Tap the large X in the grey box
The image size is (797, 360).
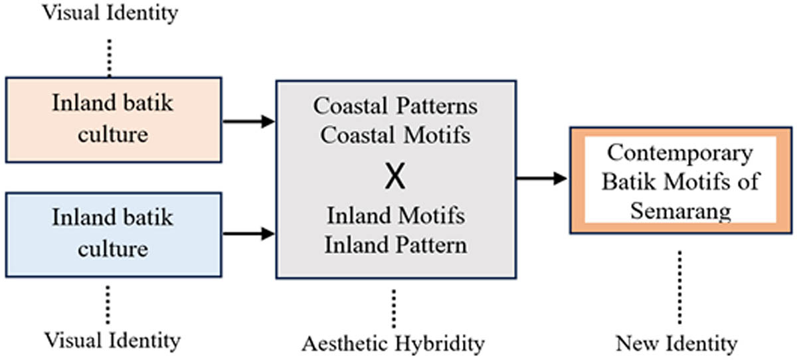[396, 177]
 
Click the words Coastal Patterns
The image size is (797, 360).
[396, 106]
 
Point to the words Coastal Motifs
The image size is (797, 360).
[396, 135]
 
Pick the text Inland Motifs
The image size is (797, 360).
[396, 216]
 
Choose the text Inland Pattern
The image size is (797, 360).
[396, 244]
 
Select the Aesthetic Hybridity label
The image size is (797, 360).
[393, 343]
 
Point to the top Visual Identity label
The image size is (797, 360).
[111, 12]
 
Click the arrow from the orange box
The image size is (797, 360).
[248, 121]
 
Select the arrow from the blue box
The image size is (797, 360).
[248, 233]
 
